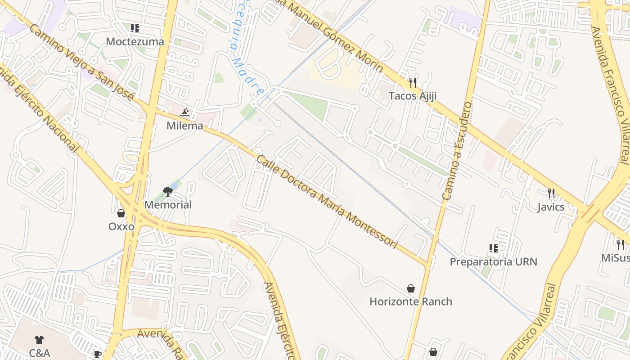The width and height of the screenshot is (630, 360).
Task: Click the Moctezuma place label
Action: coord(135,42)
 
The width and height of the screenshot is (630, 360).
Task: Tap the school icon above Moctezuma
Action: coord(135,28)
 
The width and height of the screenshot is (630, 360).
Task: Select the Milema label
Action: coord(185,126)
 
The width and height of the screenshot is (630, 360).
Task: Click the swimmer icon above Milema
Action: coord(184,112)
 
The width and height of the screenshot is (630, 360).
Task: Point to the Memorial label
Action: coord(168,205)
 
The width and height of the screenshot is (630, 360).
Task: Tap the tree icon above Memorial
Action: coord(168,192)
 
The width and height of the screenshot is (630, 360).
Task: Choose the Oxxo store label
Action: coord(121,226)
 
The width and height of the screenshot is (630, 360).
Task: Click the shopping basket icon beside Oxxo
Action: coord(121,213)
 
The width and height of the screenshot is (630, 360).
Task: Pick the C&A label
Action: coord(40,353)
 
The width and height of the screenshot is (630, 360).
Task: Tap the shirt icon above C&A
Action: coord(39,340)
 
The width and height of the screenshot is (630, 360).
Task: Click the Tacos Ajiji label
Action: coord(413,96)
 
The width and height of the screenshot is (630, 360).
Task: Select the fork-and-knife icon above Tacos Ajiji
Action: coord(413,82)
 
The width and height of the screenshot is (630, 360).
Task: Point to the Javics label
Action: coord(551,207)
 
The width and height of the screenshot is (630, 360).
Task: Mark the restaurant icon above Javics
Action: coord(551,193)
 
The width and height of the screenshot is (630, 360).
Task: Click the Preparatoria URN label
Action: coord(494,261)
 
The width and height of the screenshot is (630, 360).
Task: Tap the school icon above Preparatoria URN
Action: coord(494,248)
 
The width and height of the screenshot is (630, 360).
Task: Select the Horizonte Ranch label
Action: coord(411,301)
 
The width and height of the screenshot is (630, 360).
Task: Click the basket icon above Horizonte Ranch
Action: coord(411,288)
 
